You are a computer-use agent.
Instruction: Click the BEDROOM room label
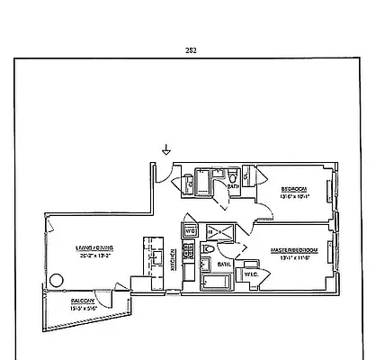coord(294,188)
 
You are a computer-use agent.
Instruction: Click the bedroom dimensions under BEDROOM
coord(294,195)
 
